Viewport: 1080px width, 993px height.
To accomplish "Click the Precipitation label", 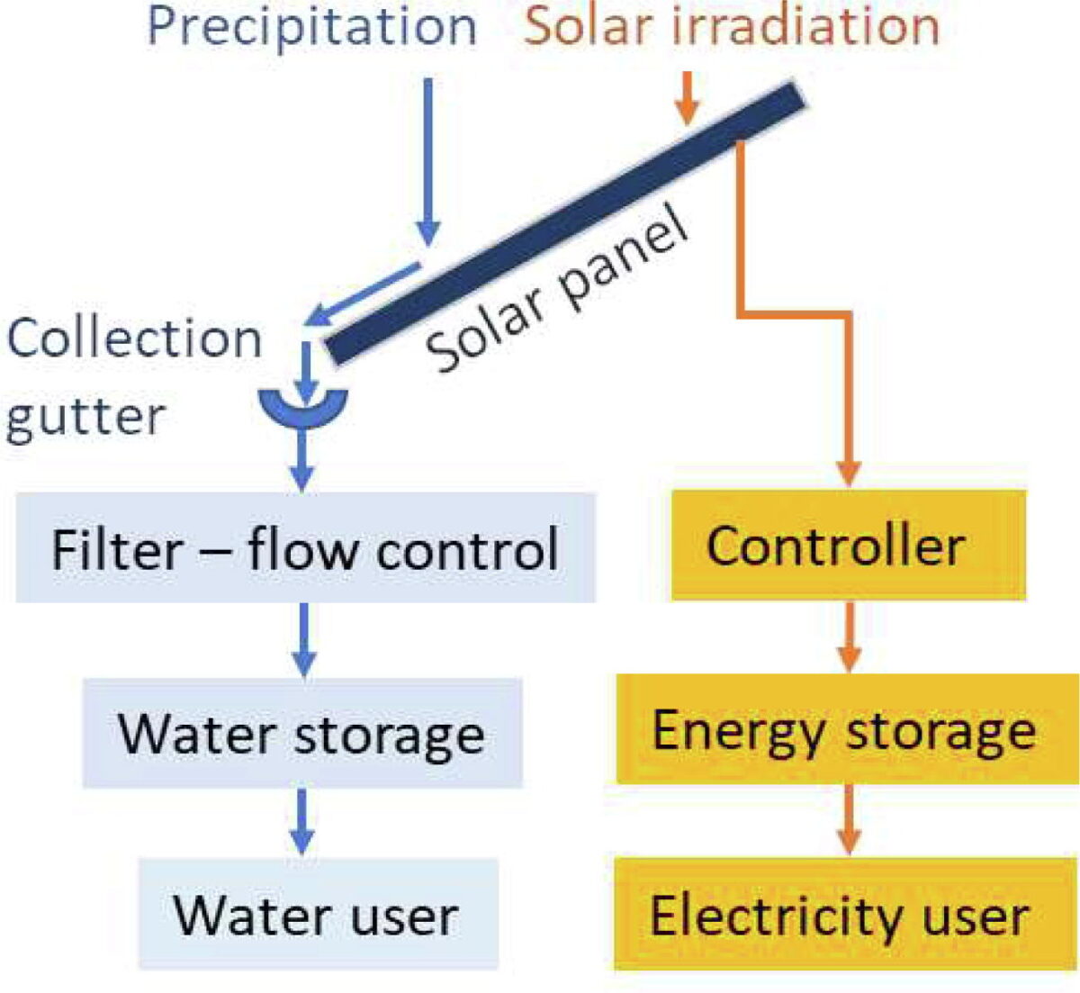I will (x=311, y=27).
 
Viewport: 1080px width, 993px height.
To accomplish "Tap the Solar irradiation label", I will (x=732, y=27).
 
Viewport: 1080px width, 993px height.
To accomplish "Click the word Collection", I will (x=135, y=339).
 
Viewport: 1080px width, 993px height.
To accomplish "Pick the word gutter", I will (x=85, y=417).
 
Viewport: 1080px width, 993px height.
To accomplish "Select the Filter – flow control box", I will (x=305, y=547).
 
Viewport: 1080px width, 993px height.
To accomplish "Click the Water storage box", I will (x=302, y=733).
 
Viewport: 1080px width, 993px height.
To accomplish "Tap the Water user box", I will (x=318, y=914).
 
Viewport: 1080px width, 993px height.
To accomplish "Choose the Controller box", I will (x=848, y=545).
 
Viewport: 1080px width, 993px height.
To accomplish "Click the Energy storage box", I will (x=846, y=728).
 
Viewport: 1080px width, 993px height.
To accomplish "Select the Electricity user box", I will (x=846, y=914).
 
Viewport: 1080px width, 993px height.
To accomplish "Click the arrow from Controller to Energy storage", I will (x=848, y=636).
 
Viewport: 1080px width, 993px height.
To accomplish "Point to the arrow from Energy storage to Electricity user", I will (x=848, y=819).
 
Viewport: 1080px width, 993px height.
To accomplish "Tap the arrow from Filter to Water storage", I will (x=304, y=639).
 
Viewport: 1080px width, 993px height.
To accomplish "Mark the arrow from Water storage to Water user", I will (x=303, y=821).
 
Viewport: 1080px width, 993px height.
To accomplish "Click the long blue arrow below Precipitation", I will (x=428, y=162).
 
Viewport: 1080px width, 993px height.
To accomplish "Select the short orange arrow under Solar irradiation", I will (x=687, y=97).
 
